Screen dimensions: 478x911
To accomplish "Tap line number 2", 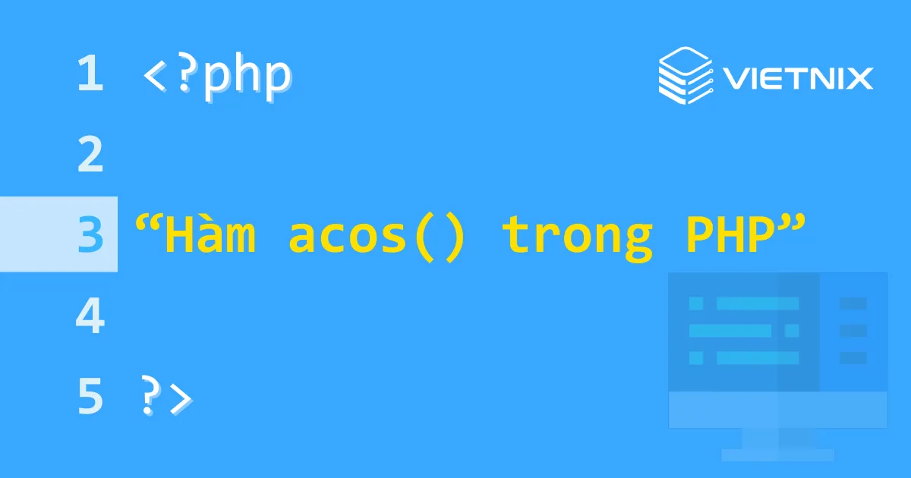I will [x=90, y=155].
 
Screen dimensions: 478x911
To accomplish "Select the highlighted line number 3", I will [x=90, y=235].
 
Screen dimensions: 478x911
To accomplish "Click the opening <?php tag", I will [x=216, y=76].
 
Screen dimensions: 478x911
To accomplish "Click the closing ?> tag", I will [x=166, y=397].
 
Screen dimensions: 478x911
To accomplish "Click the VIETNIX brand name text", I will [x=797, y=77].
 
